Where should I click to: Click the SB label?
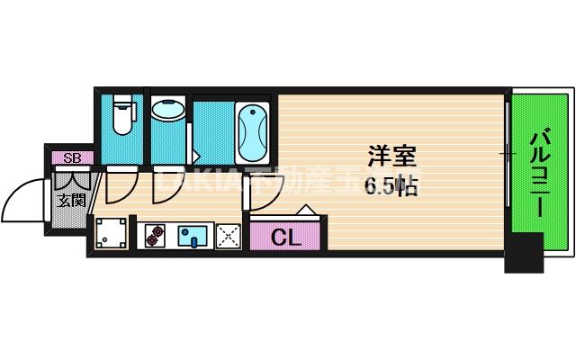click(x=71, y=158)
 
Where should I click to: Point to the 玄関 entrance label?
click(x=71, y=200)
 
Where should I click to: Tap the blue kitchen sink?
click(x=192, y=237)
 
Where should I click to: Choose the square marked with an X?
click(x=227, y=237)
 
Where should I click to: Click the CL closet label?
click(x=285, y=238)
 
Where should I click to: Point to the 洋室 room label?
click(x=391, y=156)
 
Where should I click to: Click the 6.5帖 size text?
click(x=389, y=187)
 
